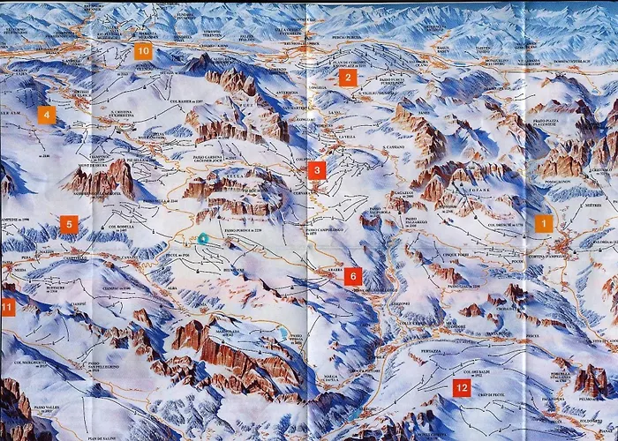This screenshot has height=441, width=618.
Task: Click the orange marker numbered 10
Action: [143, 51]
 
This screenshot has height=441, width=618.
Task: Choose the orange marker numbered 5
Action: [69, 223]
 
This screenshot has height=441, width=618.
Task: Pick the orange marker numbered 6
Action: [353, 275]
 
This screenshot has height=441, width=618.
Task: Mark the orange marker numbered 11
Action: [7, 307]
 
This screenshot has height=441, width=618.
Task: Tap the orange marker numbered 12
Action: [461, 386]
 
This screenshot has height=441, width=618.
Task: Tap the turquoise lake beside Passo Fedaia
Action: [282, 332]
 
